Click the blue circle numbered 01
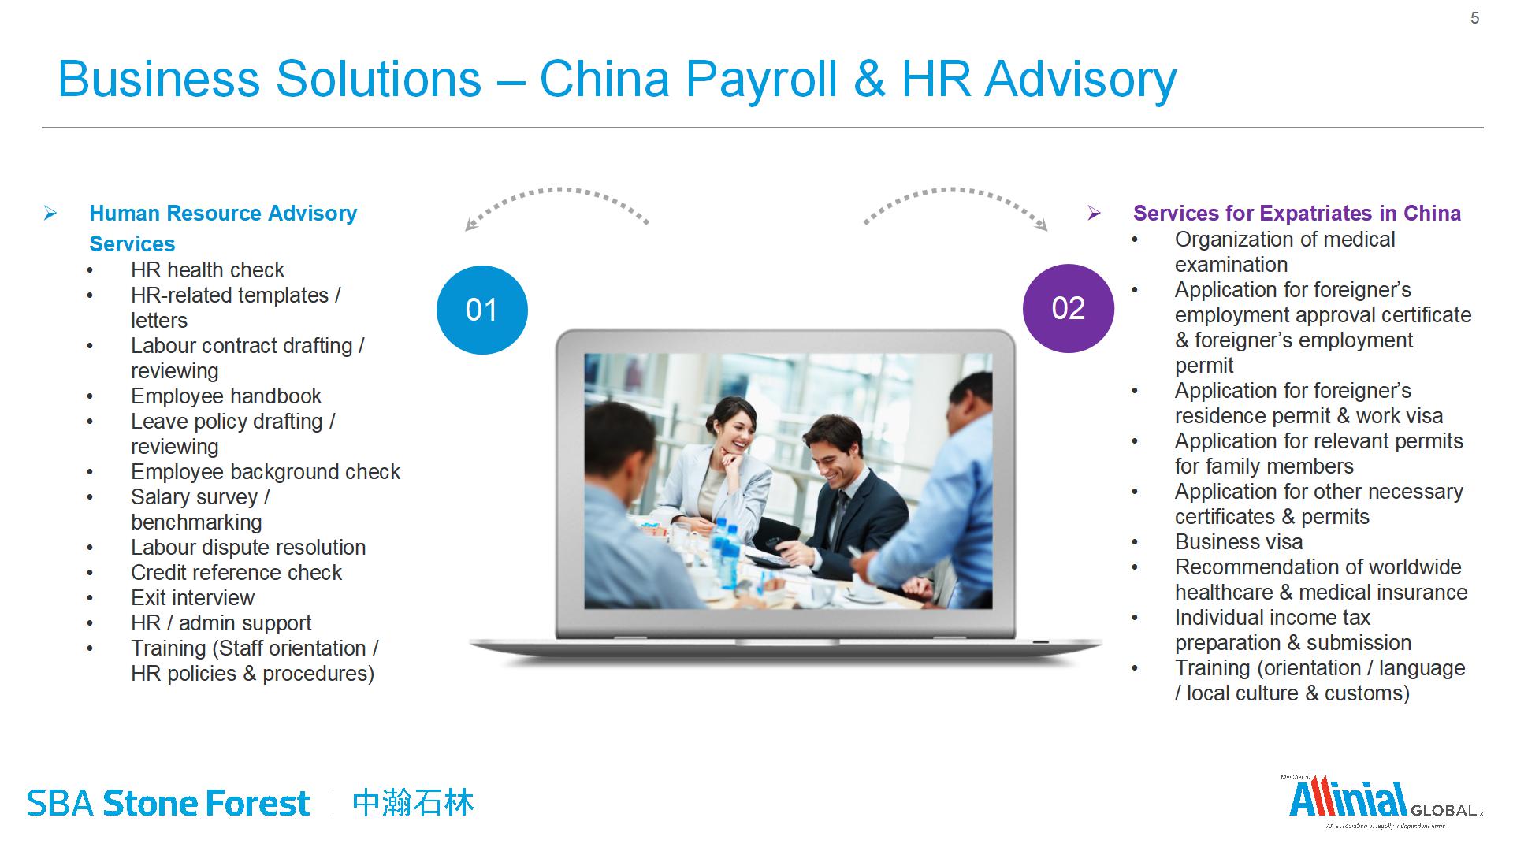482,310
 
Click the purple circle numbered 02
1069,308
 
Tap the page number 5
1475,18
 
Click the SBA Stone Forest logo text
169,803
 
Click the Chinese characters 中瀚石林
414,803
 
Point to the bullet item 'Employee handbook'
226,396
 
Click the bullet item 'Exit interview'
192,597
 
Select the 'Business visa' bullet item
1239,541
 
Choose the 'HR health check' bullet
207,269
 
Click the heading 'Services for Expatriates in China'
1297,213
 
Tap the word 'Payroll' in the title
761,80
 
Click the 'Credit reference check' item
236,572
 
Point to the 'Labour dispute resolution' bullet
248,547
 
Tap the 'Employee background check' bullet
266,471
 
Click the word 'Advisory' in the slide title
1080,80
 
